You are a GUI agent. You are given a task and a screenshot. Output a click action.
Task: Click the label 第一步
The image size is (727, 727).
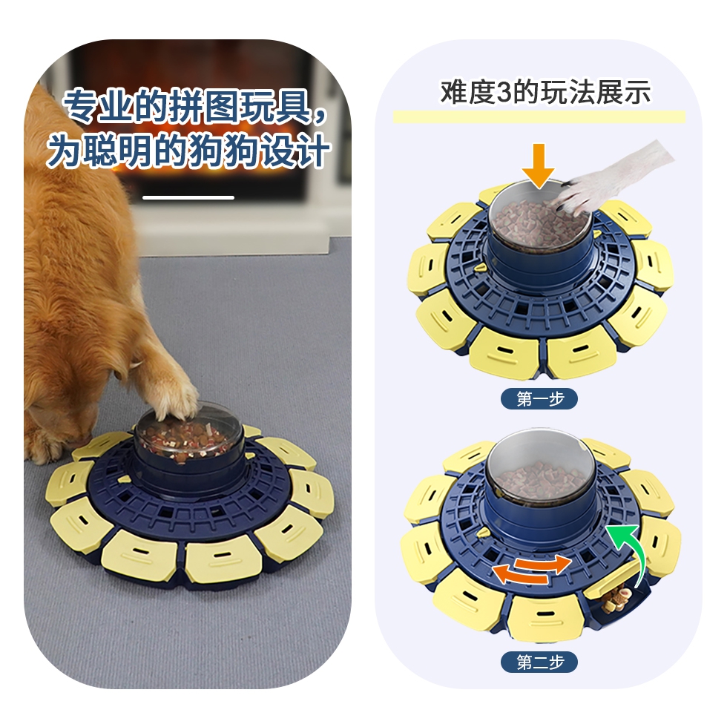coord(539,399)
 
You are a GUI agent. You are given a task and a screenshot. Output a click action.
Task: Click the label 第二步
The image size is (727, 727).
coord(539,662)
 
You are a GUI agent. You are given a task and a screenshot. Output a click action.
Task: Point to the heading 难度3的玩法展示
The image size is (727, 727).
coord(546,92)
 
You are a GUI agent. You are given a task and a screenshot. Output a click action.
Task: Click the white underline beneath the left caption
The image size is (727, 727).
coord(188,197)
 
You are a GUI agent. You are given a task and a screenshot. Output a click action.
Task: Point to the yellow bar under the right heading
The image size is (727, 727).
coord(539,117)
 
